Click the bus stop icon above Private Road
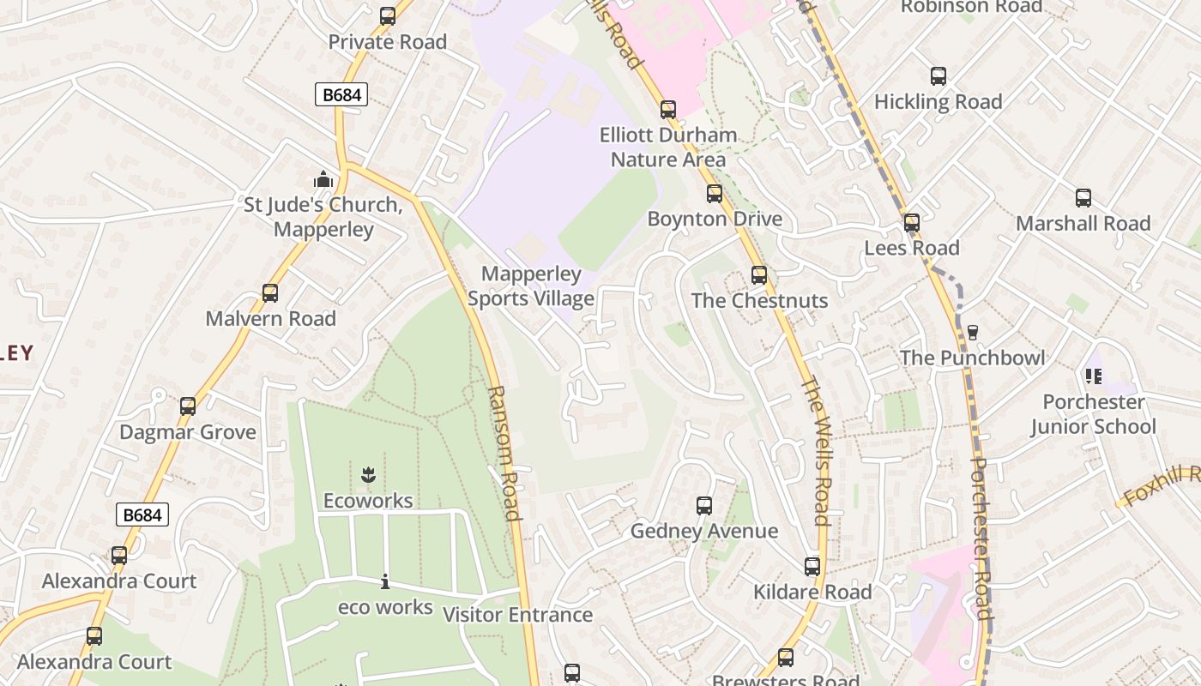tap(388, 16)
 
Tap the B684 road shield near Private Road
tap(341, 94)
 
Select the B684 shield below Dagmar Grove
tap(142, 514)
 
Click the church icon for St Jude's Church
tap(323, 179)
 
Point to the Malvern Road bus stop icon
tap(270, 293)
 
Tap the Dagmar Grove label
tap(188, 431)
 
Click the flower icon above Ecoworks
tap(368, 474)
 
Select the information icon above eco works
tap(385, 582)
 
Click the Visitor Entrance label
tap(517, 615)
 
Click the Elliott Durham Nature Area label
tap(668, 147)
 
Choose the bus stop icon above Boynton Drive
tap(715, 194)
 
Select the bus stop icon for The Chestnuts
tap(759, 275)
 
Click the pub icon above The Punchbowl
tap(973, 332)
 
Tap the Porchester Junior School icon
tap(1094, 376)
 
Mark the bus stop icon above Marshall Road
tap(1083, 198)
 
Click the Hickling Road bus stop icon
tap(938, 76)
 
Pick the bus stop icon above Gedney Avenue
tap(704, 506)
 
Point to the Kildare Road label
tap(812, 592)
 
